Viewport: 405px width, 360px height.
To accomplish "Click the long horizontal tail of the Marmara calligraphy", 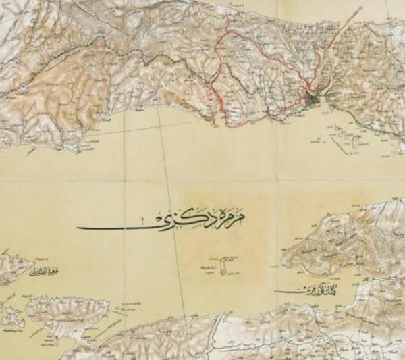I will pyautogui.click(x=115, y=228).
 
